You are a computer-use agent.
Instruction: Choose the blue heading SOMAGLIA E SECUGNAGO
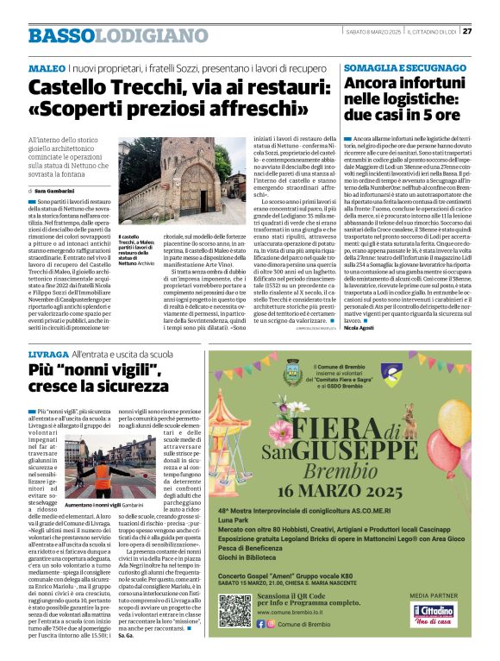tap(402, 67)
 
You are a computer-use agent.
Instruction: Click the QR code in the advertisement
tap(234, 609)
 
